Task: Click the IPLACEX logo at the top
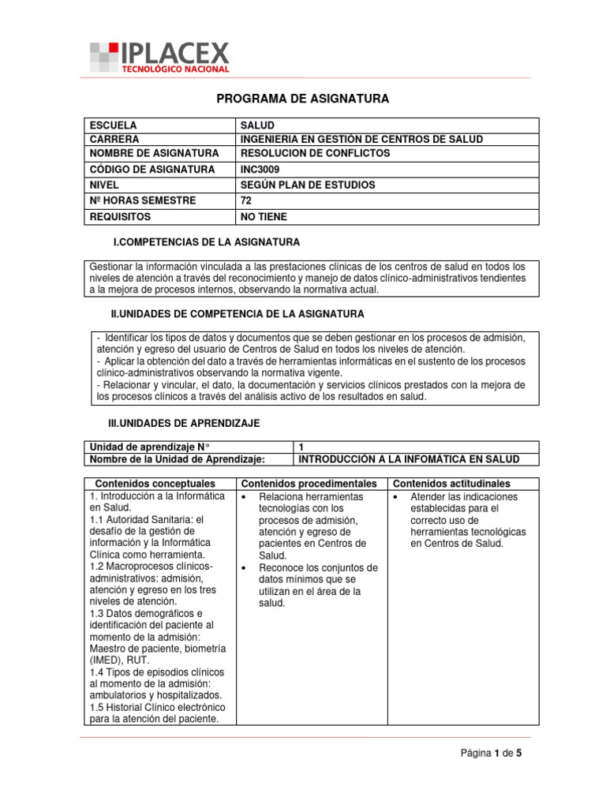159,57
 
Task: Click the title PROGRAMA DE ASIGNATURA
303,99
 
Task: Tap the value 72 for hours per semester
246,200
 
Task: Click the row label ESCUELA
114,125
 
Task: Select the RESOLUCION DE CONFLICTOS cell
315,153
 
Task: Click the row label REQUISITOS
120,216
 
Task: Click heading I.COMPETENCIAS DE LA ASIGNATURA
208,242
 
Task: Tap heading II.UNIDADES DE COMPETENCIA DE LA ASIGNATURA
237,314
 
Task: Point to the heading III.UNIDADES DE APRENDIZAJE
184,424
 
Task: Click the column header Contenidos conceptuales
155,483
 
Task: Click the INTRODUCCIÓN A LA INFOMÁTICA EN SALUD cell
406,459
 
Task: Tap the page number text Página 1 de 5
492,754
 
